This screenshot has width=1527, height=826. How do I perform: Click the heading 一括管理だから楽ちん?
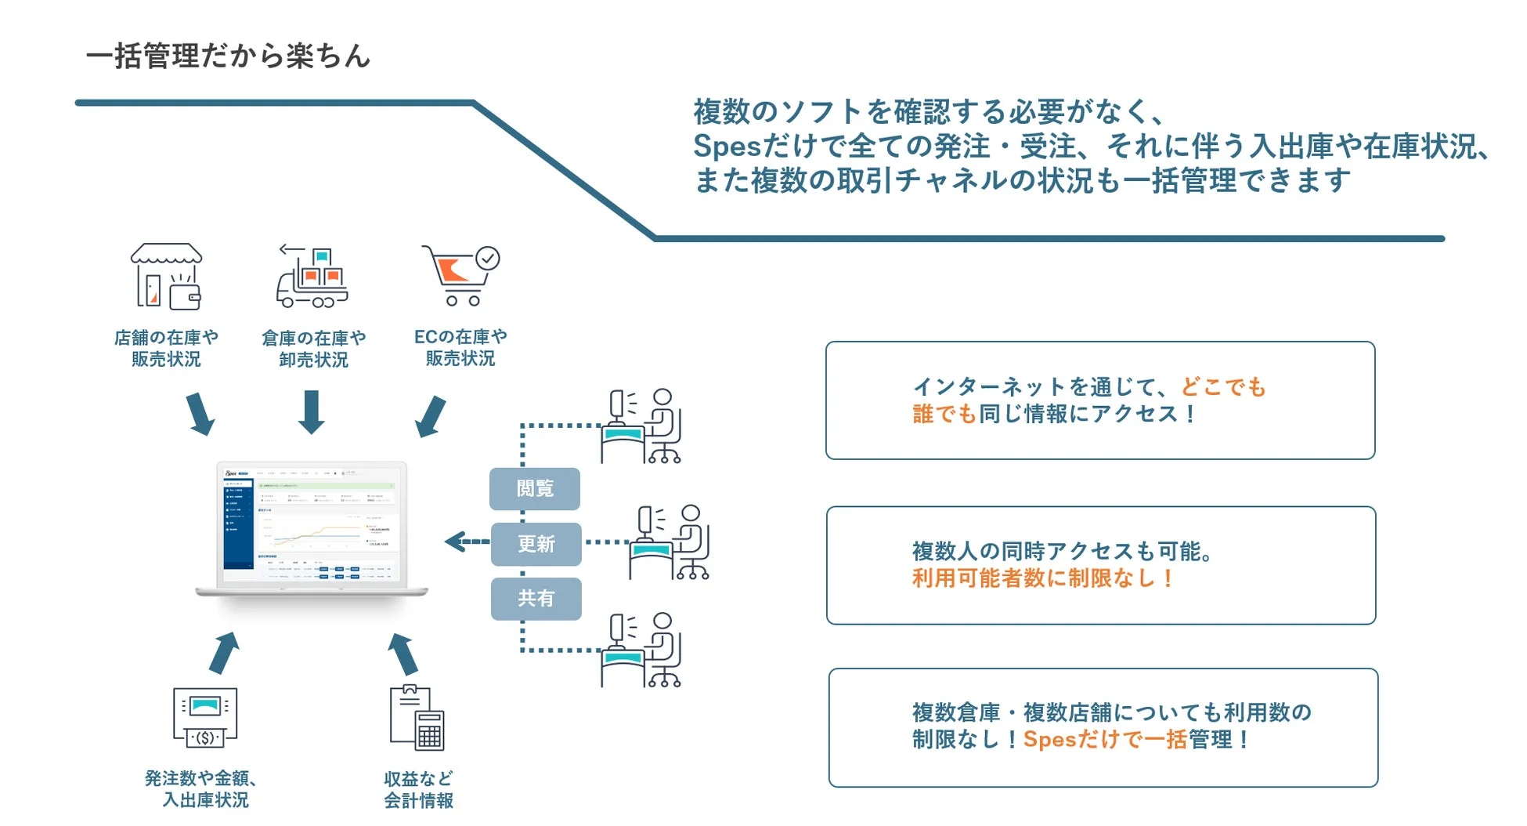tap(227, 56)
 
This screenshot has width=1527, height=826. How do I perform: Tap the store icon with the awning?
tap(166, 276)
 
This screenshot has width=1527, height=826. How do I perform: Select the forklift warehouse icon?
tap(312, 277)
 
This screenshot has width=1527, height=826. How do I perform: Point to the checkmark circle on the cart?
tap(488, 258)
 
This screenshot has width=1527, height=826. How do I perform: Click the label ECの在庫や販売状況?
tap(460, 347)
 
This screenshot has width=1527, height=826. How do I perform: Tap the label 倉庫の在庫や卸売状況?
tap(313, 349)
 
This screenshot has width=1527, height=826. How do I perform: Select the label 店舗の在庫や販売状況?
tap(166, 348)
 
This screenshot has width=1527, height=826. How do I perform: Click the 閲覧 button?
tap(535, 489)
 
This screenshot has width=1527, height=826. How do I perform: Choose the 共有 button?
tap(536, 599)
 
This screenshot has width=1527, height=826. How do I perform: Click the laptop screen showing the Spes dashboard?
tap(312, 523)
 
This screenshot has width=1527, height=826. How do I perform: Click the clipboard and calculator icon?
tap(417, 718)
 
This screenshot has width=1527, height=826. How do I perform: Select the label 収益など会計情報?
tap(418, 789)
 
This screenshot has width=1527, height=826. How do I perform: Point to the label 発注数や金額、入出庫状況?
tap(203, 788)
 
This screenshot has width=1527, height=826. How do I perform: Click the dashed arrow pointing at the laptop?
tap(467, 542)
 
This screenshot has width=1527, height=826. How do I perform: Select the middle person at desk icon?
tap(670, 542)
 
